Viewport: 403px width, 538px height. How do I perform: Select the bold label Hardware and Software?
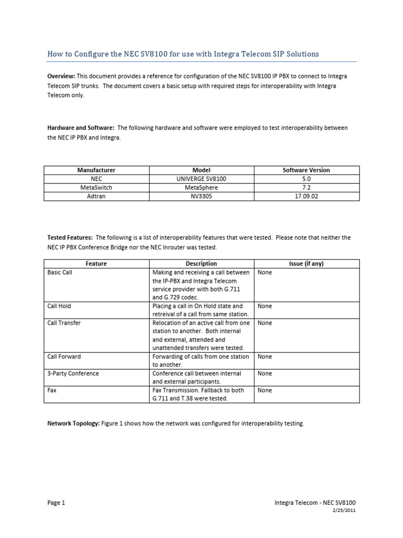[81, 128]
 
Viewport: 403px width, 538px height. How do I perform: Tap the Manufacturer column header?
[96, 170]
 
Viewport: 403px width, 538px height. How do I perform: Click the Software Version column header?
[306, 170]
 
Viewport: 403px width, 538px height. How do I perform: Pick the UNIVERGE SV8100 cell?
[201, 179]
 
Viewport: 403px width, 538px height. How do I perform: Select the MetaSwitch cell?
[96, 187]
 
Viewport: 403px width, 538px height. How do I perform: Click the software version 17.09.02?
[306, 195]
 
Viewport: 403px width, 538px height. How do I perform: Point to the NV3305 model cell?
[201, 195]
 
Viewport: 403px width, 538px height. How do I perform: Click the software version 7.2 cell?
[306, 187]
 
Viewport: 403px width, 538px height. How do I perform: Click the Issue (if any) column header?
[306, 264]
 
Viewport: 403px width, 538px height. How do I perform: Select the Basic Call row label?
[60, 273]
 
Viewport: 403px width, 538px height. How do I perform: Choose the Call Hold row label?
[59, 306]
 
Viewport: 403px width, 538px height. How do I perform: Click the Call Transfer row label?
[64, 323]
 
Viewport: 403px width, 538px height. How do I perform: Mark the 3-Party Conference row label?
[73, 374]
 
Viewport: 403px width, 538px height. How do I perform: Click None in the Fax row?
[265, 390]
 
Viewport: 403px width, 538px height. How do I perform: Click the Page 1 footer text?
[56, 503]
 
